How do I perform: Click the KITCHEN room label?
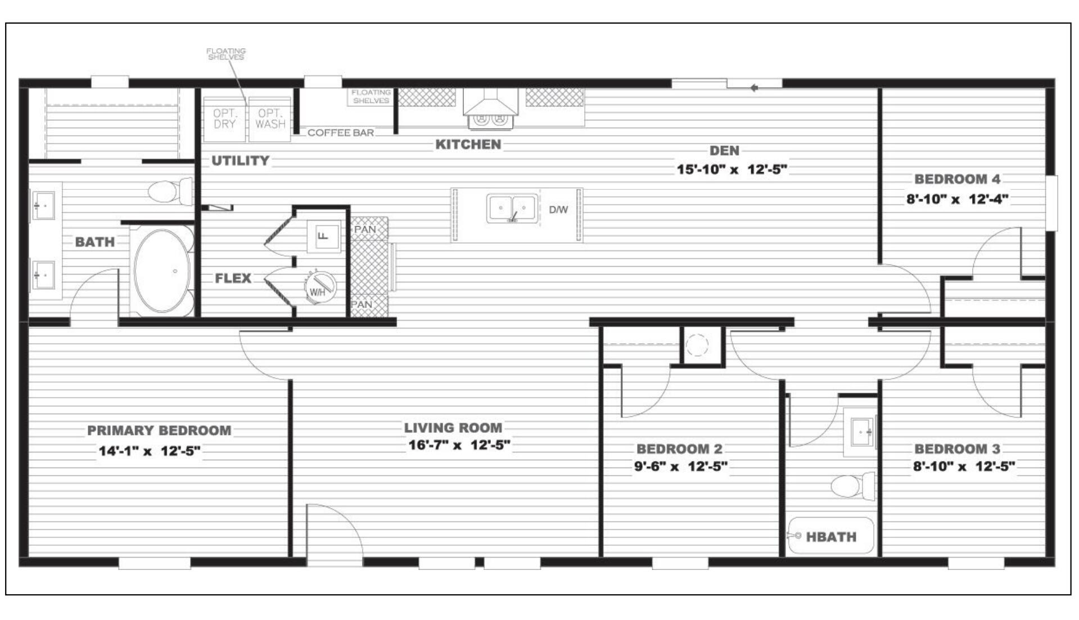point(468,145)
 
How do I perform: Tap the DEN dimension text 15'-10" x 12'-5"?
point(732,169)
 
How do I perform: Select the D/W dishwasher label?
point(558,210)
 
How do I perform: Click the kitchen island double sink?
point(512,209)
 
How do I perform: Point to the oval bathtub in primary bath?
point(162,271)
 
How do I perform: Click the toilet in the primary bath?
point(170,191)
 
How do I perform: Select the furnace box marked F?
point(324,236)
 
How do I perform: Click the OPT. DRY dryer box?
point(224,119)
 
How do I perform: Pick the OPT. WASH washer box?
point(270,119)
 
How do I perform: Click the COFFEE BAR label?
point(341,133)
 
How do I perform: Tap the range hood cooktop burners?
point(490,119)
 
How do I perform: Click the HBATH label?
point(831,537)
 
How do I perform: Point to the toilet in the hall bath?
point(852,485)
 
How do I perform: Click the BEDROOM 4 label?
point(957,179)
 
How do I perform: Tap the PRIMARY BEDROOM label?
point(159,430)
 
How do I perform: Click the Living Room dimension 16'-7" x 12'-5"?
point(459,445)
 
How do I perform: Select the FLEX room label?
point(233,278)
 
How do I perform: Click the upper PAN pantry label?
point(365,230)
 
